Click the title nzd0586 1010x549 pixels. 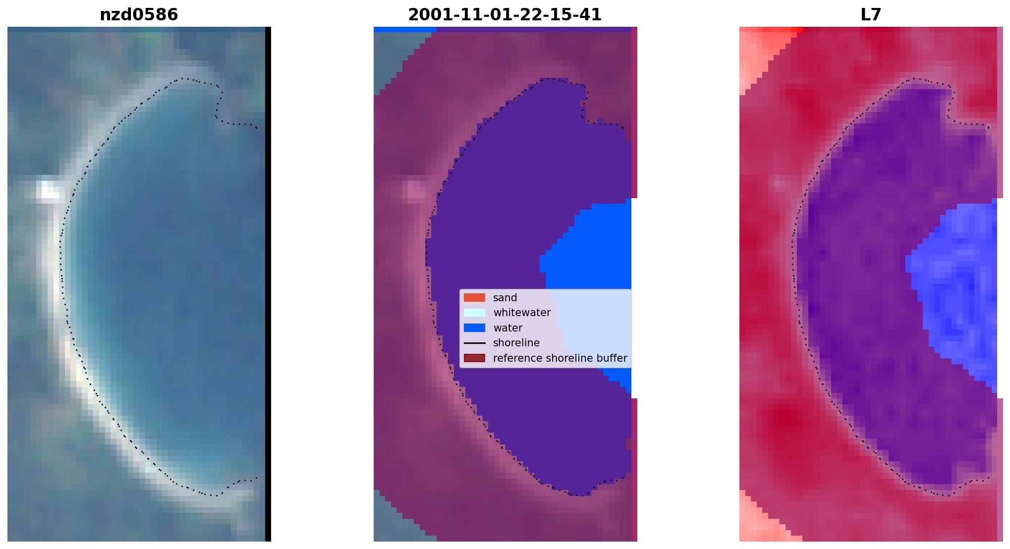[139, 15]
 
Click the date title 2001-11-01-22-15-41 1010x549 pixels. [505, 15]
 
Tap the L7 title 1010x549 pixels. [871, 15]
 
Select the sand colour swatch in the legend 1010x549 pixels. [474, 298]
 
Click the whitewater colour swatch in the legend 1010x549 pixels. [474, 313]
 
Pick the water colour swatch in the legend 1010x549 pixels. [474, 328]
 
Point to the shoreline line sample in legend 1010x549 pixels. [474, 343]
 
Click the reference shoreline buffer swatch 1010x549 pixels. [474, 358]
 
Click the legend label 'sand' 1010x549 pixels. [505, 298]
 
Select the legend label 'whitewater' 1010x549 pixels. [522, 313]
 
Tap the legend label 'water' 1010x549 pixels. [507, 328]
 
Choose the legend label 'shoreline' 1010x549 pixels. [516, 343]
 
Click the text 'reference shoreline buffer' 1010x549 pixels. [560, 358]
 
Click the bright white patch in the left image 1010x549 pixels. [50, 191]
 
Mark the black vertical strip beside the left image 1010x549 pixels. [268, 284]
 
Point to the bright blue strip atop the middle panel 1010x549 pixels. [405, 30]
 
